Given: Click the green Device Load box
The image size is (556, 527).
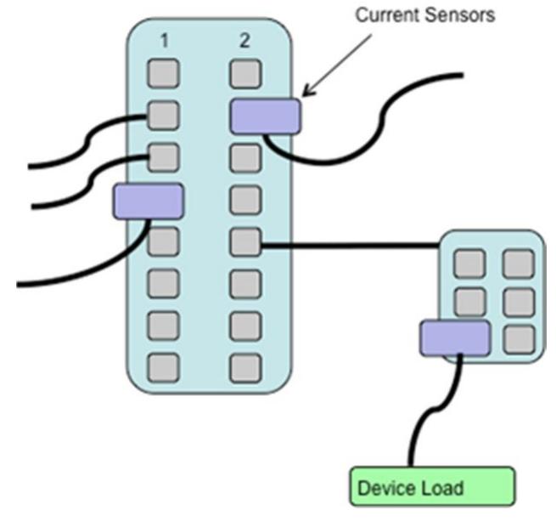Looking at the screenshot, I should pyautogui.click(x=431, y=487).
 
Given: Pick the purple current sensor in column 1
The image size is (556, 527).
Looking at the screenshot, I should pyautogui.click(x=149, y=201).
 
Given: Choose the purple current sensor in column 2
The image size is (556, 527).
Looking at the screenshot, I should pyautogui.click(x=265, y=116).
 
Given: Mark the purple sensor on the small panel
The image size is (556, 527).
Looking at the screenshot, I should pyautogui.click(x=455, y=338).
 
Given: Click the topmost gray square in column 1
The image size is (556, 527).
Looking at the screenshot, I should pyautogui.click(x=164, y=74).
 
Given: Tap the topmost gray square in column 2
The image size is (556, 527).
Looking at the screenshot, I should pyautogui.click(x=244, y=74).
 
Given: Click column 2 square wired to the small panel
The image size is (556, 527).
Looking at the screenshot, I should pyautogui.click(x=244, y=242).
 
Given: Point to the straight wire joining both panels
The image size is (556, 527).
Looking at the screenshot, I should pyautogui.click(x=348, y=246).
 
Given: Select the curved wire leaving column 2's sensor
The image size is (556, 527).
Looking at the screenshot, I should pyautogui.click(x=357, y=136).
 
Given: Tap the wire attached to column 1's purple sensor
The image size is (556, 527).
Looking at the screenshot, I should pyautogui.click(x=85, y=263).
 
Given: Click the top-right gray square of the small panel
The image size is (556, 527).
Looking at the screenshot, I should pyautogui.click(x=518, y=263).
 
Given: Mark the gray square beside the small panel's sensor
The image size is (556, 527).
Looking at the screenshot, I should pyautogui.click(x=518, y=338).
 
